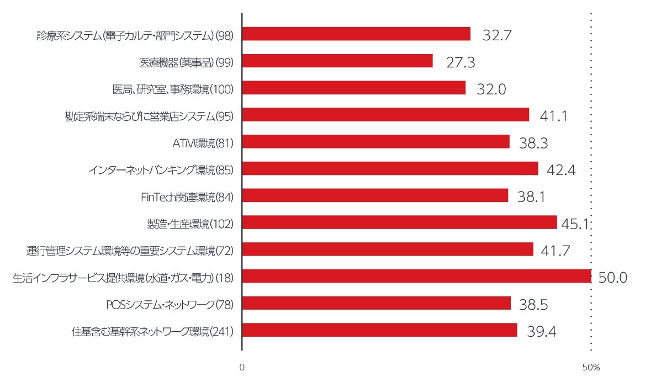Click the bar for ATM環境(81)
(x=376, y=142)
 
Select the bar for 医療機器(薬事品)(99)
(x=337, y=61)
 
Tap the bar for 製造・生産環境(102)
(x=399, y=222)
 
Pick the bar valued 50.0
(x=416, y=276)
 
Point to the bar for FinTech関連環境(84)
(x=375, y=195)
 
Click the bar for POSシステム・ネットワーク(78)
(x=376, y=303)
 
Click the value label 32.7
(x=497, y=35)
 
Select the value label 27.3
(x=461, y=62)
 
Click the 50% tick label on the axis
(x=591, y=367)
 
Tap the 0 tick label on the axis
(x=242, y=367)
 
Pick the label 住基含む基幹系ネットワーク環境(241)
(x=153, y=332)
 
